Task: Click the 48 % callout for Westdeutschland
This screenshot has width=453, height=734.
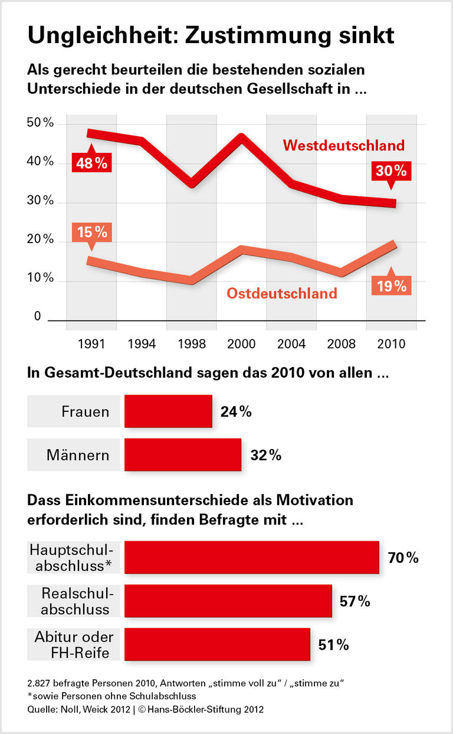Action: (91, 162)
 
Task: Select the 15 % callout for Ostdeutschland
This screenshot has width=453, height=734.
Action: (91, 232)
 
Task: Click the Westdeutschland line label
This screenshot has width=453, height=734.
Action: (344, 145)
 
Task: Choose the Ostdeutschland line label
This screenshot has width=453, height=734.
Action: (282, 293)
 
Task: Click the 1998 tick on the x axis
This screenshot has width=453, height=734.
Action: (191, 344)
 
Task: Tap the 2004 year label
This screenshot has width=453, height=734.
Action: (291, 344)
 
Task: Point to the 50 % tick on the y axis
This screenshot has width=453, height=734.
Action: (40, 123)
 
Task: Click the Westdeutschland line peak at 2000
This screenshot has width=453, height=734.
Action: (241, 137)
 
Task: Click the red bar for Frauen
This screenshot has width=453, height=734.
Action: (168, 411)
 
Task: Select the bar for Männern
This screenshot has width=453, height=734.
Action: (182, 455)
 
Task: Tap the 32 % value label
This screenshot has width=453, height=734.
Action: (265, 456)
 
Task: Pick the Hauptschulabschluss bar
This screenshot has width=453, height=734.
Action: (251, 557)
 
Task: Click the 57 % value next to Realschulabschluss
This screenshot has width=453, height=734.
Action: (355, 601)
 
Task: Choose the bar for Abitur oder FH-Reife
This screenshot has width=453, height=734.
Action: (217, 644)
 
